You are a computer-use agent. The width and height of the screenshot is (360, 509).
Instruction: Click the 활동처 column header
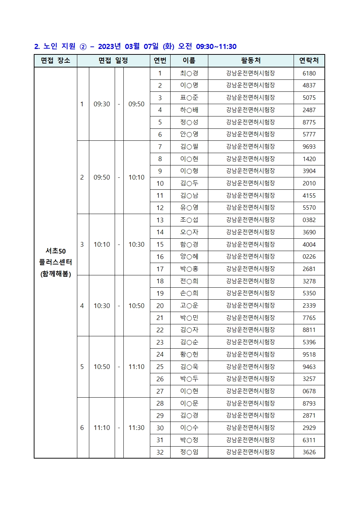click(x=250, y=61)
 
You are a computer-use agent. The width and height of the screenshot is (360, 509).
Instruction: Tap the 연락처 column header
click(x=309, y=61)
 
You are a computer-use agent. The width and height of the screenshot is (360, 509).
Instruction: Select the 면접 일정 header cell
click(x=113, y=61)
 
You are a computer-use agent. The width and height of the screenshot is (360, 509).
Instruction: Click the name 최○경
click(x=189, y=73)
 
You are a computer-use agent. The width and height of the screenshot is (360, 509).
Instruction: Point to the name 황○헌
click(x=189, y=354)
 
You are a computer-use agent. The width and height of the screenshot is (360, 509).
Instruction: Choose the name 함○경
click(x=189, y=245)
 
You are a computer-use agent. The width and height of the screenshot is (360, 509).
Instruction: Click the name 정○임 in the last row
click(x=189, y=452)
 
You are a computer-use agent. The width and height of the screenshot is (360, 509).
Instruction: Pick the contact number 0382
click(x=309, y=220)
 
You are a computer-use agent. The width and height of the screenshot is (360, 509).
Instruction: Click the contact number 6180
click(x=309, y=73)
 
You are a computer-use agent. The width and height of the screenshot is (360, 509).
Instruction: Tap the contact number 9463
click(x=309, y=367)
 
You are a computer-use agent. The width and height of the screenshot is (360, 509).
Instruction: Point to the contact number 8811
click(x=309, y=330)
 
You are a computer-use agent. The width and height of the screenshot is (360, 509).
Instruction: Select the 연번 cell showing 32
click(x=160, y=452)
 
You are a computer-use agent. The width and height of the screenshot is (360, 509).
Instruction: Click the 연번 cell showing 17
click(x=160, y=269)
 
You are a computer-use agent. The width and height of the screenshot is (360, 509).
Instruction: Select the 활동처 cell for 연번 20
click(x=250, y=305)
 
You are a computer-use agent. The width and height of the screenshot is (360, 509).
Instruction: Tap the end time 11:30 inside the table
click(x=136, y=428)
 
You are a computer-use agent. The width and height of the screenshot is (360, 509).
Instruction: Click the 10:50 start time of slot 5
click(x=102, y=367)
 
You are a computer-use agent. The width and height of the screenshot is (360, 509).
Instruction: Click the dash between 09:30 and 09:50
click(x=119, y=104)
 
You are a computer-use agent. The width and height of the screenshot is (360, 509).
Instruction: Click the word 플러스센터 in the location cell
click(x=56, y=262)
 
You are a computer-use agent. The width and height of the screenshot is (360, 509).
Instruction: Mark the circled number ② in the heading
click(x=83, y=47)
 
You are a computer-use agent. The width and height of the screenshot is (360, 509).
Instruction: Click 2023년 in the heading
click(x=109, y=46)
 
